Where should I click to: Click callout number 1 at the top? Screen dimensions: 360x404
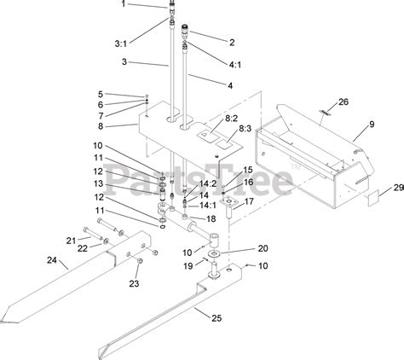coord(123,4)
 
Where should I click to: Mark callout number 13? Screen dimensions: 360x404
coord(99,183)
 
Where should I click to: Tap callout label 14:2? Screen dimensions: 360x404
coord(207,183)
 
